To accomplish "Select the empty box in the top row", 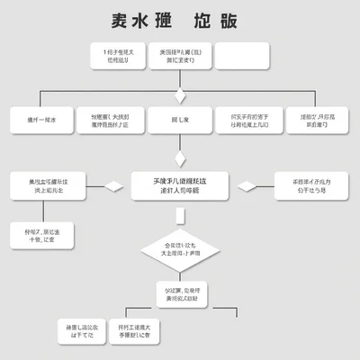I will click(242, 56).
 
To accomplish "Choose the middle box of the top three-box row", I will click(180, 57).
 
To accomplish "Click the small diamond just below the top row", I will click(180, 95).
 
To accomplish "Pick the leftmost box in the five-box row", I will click(40, 120).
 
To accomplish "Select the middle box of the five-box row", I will click(180, 120).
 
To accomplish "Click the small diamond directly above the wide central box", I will click(180, 157).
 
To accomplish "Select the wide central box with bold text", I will click(180, 186).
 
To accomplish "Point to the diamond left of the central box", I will click(114, 186).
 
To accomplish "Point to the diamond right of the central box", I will click(246, 186).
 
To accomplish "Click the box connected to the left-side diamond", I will click(46, 186).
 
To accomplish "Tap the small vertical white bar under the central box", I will click(180, 215).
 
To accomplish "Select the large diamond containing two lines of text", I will click(180, 249).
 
